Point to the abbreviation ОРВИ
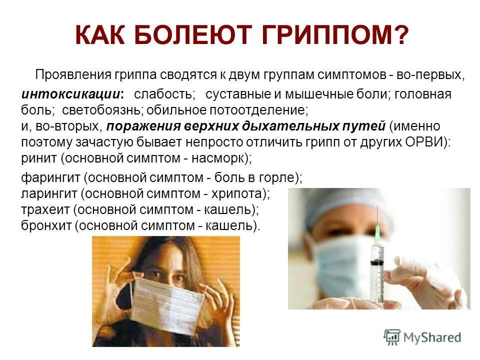pos(425,141)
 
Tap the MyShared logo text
pos(431,336)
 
